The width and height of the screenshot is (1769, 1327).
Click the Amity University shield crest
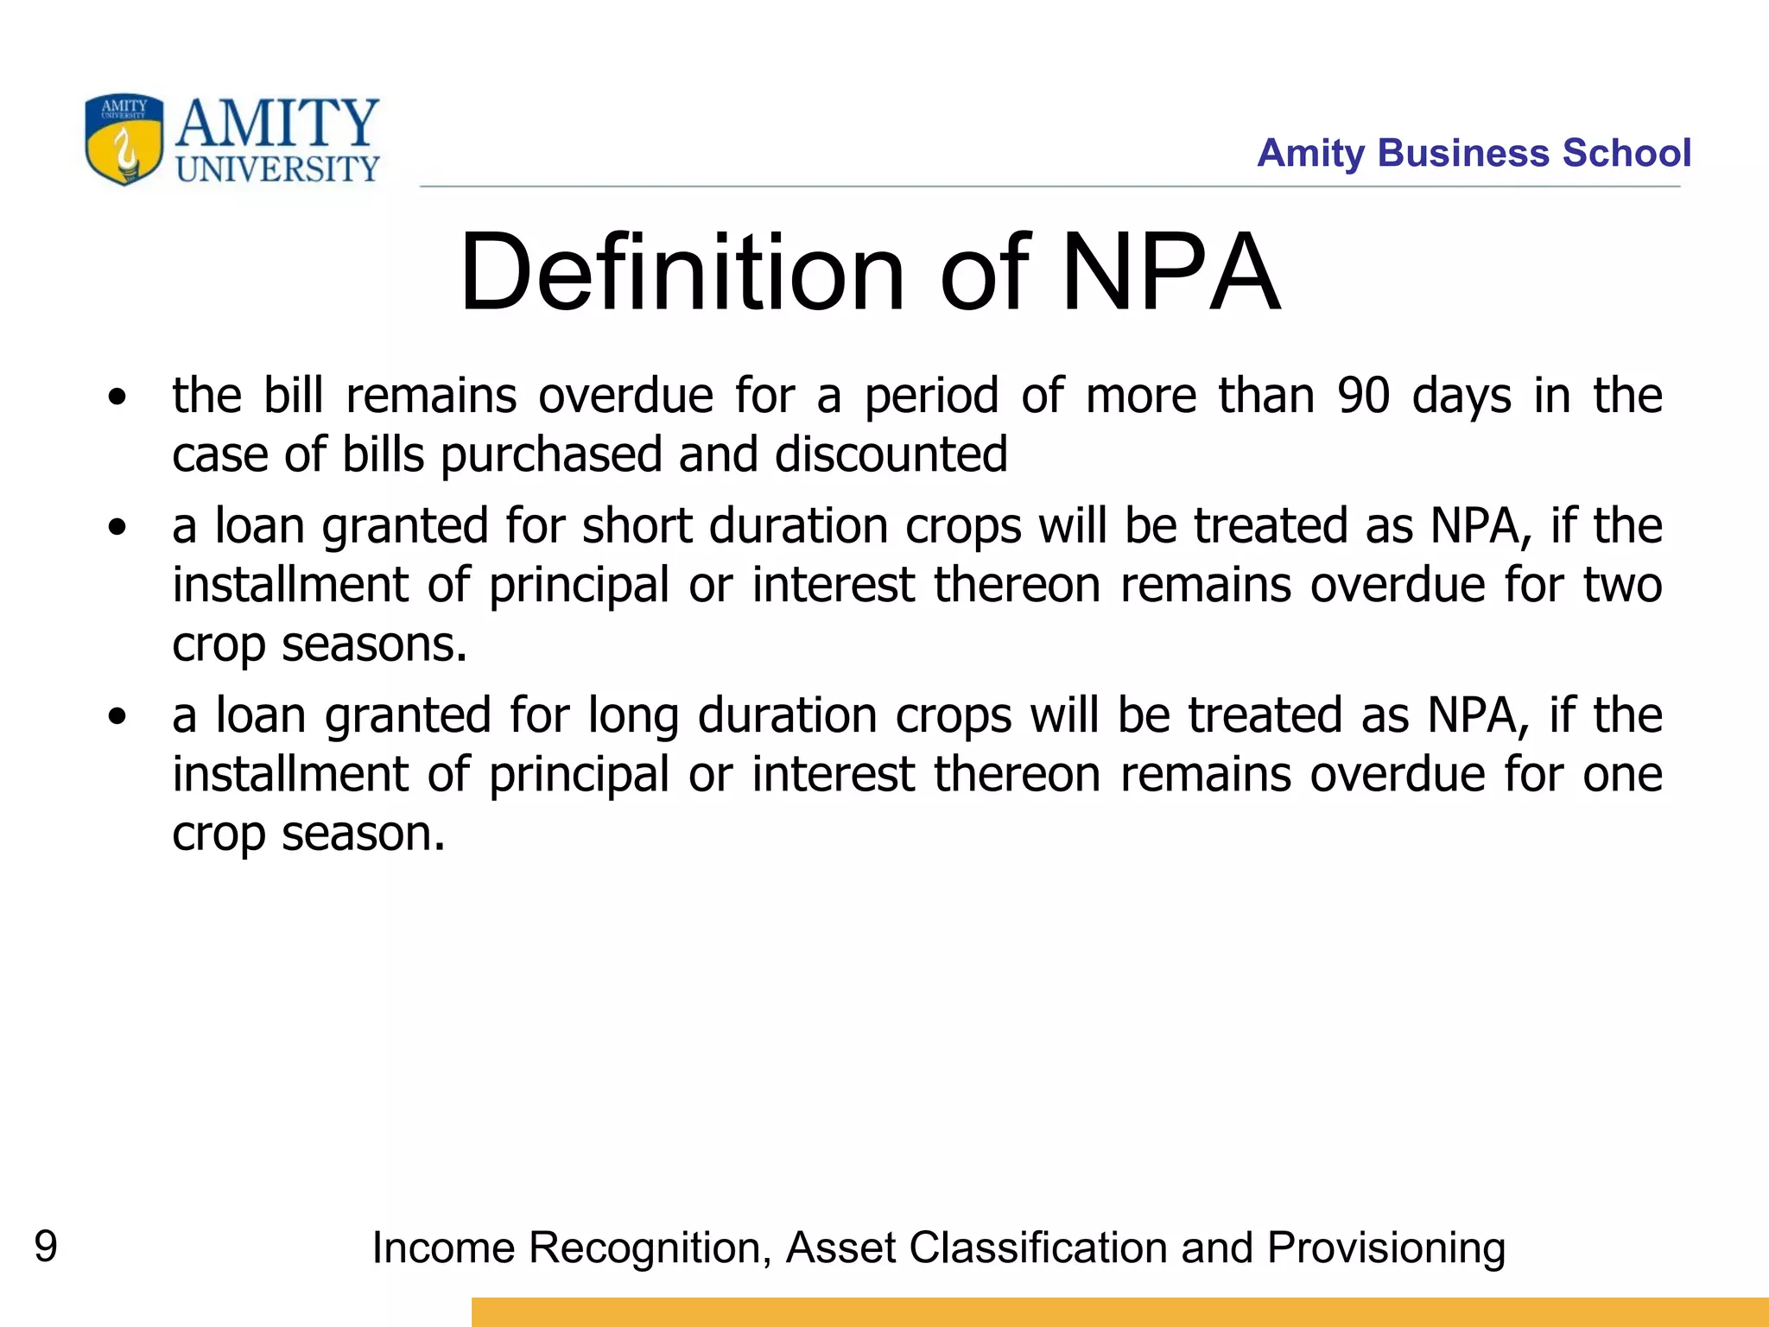(124, 140)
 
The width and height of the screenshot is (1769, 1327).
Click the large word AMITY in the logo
(277, 124)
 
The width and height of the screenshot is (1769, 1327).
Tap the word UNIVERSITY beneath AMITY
(277, 169)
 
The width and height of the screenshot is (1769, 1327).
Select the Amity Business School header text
(1473, 153)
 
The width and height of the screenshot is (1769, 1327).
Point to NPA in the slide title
(1170, 272)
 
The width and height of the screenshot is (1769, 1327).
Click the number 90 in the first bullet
(1363, 396)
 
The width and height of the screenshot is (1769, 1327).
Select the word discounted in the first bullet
(891, 454)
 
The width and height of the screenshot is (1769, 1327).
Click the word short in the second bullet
(637, 526)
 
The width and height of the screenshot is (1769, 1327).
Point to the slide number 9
(46, 1247)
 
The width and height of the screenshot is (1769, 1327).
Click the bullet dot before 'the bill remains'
(117, 398)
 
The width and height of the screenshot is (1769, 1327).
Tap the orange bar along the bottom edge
(1119, 1311)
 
